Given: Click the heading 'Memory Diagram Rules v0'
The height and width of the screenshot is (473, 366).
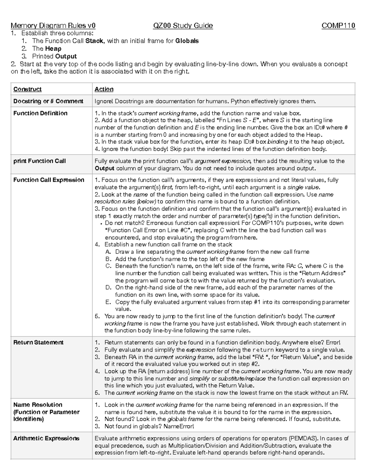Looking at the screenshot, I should [53, 26].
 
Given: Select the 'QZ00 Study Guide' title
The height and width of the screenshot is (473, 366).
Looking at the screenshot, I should [183, 26].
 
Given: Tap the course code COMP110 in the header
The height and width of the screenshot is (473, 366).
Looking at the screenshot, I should [338, 26].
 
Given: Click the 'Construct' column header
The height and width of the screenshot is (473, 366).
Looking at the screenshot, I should [27, 89].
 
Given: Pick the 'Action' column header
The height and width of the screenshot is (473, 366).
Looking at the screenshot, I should [104, 89].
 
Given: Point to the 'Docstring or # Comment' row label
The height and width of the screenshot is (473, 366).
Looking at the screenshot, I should [48, 101].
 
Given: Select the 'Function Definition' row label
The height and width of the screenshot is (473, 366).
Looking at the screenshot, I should [40, 113].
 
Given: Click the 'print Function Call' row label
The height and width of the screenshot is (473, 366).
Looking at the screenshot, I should [39, 161].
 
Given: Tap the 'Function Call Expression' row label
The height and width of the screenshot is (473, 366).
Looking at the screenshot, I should [49, 180].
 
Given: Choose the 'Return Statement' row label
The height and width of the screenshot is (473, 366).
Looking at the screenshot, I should [38, 343].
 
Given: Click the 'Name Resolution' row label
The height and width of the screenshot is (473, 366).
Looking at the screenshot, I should [38, 405].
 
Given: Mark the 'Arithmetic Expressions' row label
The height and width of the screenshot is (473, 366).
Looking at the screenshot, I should [46, 439].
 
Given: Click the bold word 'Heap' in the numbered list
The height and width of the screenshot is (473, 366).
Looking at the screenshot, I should [53, 49].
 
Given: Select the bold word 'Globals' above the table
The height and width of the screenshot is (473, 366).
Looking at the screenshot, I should [187, 41].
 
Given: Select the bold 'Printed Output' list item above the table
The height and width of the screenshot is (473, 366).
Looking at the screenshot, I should [54, 56].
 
